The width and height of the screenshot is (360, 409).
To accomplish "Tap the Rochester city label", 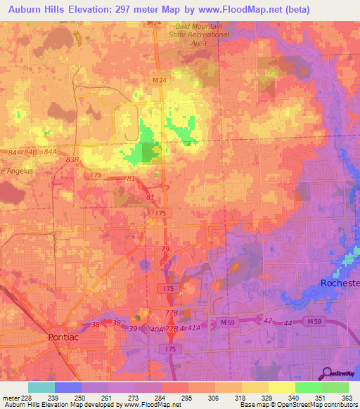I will (x=340, y=283).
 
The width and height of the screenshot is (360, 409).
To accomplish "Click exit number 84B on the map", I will (x=30, y=152).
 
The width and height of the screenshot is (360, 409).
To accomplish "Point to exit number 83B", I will (x=72, y=160).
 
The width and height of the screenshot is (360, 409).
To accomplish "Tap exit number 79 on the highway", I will (x=165, y=249).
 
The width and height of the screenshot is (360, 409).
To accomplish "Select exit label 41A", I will (x=195, y=328).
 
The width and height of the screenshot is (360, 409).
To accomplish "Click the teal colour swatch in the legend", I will (x=41, y=387).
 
